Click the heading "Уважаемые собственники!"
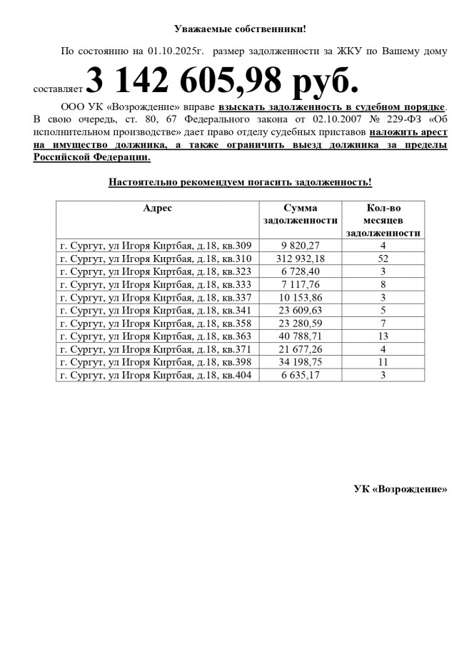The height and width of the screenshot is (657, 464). (x=240, y=29)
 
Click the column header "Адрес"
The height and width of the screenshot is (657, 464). (x=158, y=208)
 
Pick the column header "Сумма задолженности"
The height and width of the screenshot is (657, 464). (x=300, y=214)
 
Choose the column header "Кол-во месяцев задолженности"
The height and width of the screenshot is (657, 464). (x=383, y=220)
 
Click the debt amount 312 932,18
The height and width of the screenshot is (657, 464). (x=300, y=259)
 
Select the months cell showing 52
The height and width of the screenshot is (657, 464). (x=383, y=259)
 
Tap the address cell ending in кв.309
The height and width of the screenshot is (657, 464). (x=156, y=246)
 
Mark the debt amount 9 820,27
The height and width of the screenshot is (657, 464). (x=300, y=246)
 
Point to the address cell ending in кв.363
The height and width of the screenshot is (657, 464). (x=156, y=336)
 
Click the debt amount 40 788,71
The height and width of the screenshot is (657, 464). (x=300, y=336)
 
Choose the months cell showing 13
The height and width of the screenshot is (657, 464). (x=383, y=336)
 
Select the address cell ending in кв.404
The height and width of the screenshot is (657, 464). (x=156, y=374)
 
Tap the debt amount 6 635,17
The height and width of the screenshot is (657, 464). (x=300, y=374)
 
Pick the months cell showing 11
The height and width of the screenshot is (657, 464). (x=383, y=361)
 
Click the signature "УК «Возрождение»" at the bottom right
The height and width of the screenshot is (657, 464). (x=400, y=489)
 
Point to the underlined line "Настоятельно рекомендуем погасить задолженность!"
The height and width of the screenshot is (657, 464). (x=240, y=182)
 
